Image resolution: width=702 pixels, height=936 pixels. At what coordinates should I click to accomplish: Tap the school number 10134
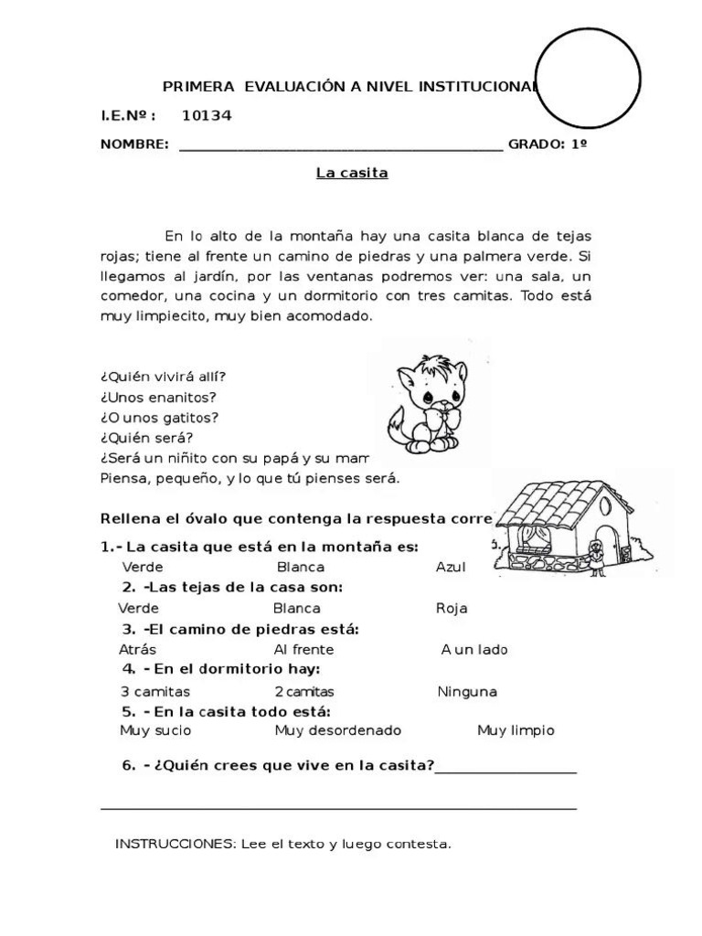(207, 115)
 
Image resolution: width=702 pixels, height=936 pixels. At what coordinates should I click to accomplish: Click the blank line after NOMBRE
(340, 144)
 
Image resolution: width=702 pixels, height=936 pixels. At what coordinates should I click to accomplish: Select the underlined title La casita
(352, 173)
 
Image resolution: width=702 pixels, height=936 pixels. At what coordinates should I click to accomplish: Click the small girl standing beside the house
(596, 557)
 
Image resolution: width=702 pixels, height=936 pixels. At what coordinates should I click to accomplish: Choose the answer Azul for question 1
(451, 567)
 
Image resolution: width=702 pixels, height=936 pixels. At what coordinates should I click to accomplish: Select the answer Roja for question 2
(452, 608)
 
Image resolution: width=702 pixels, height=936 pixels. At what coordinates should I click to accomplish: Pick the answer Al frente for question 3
(303, 650)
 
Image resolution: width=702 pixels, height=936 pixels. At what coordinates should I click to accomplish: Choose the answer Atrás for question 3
(138, 650)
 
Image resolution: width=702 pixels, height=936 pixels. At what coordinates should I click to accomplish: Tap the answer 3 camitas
(154, 692)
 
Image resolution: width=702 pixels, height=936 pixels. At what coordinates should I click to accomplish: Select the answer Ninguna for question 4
(467, 692)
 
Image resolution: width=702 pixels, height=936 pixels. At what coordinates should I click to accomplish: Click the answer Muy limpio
(516, 730)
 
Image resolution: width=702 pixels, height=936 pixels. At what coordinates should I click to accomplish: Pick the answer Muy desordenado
(337, 730)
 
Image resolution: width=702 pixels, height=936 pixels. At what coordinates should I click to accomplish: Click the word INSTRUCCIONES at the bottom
(175, 844)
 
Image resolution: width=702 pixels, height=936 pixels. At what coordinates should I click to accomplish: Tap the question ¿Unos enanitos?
(158, 398)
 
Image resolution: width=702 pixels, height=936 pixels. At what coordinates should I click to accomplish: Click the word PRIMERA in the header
(195, 87)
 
